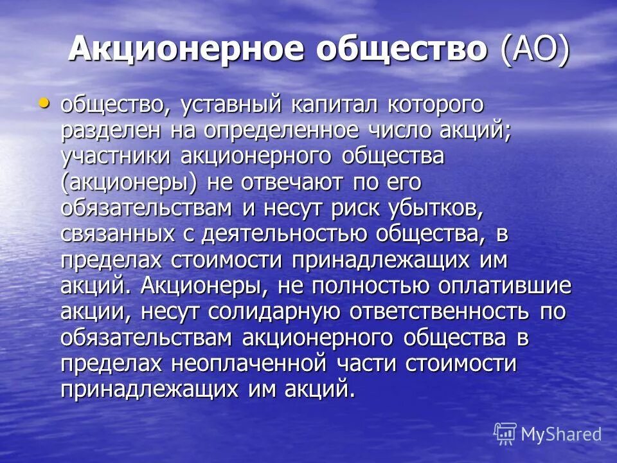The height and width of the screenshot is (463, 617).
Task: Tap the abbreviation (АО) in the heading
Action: click(535, 50)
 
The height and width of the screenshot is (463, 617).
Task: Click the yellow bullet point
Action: click(44, 102)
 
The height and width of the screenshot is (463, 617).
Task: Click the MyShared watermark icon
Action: click(505, 434)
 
